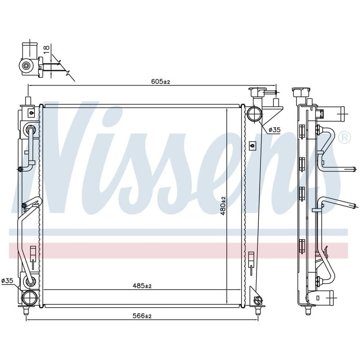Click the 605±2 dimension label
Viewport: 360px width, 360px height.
pos(161,81)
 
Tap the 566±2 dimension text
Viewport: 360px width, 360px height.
pos(142,316)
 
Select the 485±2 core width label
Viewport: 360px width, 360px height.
pos(142,286)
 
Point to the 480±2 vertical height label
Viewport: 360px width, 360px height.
pos(223,206)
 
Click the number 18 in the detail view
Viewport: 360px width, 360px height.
pos(47,49)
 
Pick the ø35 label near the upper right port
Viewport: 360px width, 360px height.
pos(274,130)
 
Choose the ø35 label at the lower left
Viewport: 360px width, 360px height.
pos(7,280)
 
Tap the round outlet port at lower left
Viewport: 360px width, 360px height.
pos(29,298)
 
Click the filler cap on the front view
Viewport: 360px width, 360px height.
pos(258,92)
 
